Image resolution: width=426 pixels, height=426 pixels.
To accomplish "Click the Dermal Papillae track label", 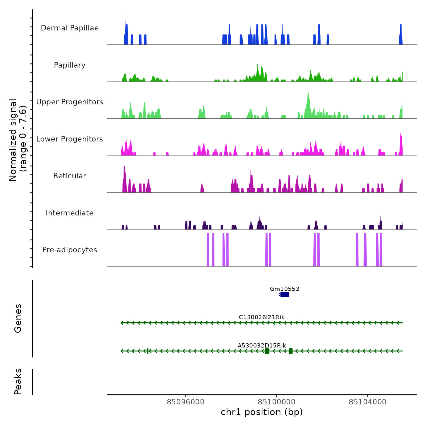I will tap(70, 28).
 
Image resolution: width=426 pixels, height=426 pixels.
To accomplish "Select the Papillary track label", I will tap(70, 65).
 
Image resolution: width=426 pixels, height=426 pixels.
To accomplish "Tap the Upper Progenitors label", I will tap(70, 102).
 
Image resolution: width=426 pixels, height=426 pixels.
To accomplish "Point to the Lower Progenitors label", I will tap(70, 139).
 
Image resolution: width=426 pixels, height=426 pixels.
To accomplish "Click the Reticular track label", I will tap(70, 176).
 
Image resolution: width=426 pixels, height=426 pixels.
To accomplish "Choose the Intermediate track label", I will tap(70, 213).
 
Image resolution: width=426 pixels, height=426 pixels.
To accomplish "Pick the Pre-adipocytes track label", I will tap(70, 250).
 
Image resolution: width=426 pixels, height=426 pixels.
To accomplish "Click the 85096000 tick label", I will tap(186, 402).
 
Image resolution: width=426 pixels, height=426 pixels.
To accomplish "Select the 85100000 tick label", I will tap(277, 402).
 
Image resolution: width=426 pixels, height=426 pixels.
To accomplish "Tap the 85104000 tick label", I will tap(368, 402).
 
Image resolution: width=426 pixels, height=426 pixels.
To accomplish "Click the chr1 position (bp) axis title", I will tap(262, 412).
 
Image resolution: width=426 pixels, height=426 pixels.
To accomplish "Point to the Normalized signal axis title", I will tap(18, 140).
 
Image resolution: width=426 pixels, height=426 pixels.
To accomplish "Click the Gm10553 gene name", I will tap(285, 289).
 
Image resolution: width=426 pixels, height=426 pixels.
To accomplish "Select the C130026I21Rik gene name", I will tap(262, 317).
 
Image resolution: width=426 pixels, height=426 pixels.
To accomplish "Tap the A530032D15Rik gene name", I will tap(262, 345).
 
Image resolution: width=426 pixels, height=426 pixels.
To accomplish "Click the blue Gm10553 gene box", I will tap(285, 295).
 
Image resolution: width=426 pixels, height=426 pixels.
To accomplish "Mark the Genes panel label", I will tap(18, 318).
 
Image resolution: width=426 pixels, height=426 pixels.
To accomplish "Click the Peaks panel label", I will tap(18, 382).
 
